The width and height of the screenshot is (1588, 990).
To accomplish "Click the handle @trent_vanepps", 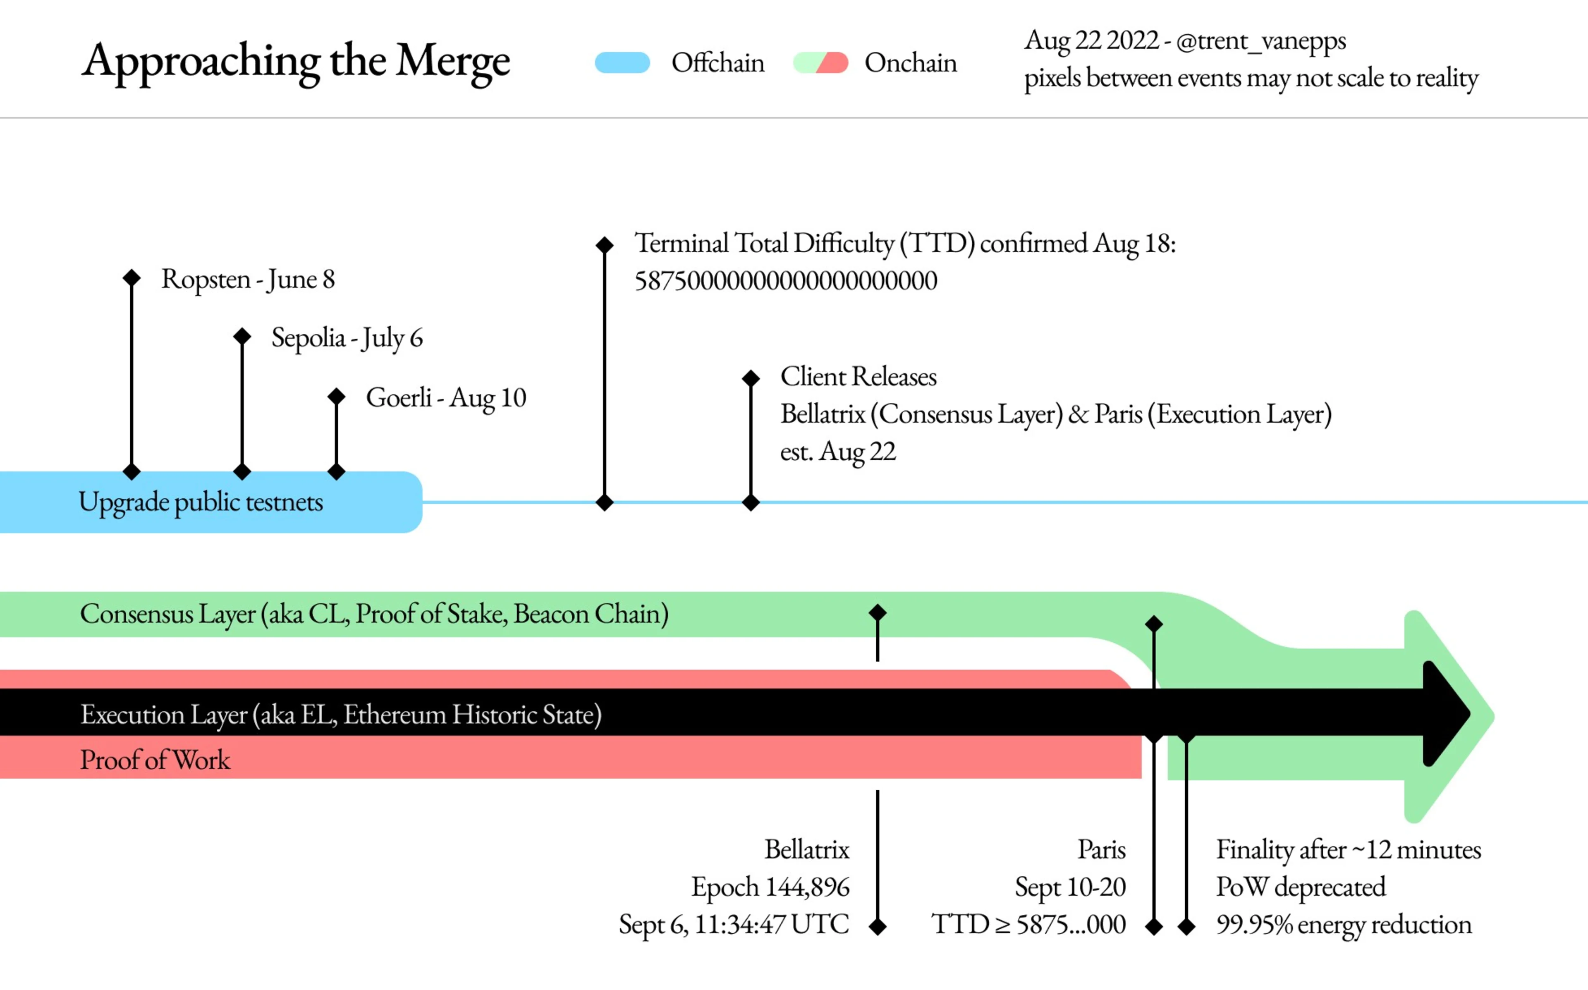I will [x=1261, y=41].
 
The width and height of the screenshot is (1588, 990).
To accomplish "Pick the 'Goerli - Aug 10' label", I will [x=446, y=397].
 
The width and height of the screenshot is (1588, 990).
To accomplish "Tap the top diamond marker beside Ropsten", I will [x=132, y=277].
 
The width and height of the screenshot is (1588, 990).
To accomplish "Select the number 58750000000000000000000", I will [x=785, y=281].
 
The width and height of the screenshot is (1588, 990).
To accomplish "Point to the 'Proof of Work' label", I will [x=155, y=760].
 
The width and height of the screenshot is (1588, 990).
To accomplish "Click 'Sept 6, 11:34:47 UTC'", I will [x=734, y=925].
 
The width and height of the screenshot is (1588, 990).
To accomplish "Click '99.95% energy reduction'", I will [x=1343, y=925].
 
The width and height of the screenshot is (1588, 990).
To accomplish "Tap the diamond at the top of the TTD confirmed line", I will [x=604, y=245].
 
